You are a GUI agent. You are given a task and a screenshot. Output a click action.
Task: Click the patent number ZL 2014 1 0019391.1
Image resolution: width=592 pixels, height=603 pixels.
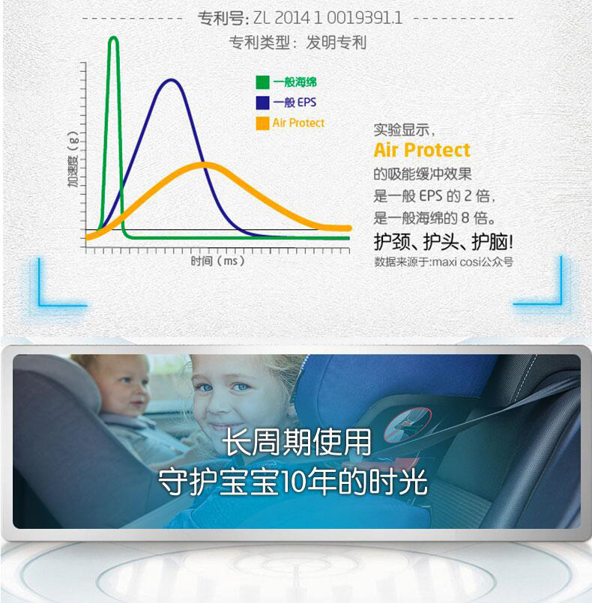point(327,18)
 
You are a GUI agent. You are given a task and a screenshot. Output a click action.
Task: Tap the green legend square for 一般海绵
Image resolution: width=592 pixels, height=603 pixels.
point(262,82)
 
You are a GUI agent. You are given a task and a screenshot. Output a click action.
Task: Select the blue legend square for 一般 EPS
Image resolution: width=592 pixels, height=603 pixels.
point(262,103)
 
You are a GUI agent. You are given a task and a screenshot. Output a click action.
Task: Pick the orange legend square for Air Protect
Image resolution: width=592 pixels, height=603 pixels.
point(262,123)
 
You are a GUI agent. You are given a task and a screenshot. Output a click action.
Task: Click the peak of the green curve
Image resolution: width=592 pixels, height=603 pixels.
point(113,38)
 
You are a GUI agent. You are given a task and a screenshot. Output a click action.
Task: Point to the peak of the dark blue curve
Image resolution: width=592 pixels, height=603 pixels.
point(171,80)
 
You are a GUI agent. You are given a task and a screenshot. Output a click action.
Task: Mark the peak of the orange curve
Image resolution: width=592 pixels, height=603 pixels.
point(204,165)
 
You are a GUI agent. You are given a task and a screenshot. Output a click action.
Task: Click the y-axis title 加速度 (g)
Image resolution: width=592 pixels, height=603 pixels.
point(73,160)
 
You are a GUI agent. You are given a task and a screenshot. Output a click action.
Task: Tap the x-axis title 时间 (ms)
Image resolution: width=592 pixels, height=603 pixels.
point(218,261)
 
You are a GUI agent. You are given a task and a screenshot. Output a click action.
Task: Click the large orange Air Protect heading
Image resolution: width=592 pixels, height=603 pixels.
point(422,150)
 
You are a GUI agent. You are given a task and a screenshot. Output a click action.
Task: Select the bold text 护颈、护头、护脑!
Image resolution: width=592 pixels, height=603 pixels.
point(443,242)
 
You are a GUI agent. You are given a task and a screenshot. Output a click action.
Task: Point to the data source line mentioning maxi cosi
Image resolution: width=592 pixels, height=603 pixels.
point(444,262)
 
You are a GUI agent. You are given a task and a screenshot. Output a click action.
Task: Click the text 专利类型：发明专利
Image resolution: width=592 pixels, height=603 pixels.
point(297,43)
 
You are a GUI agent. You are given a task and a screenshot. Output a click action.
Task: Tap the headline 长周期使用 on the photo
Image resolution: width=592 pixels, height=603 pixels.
point(297,442)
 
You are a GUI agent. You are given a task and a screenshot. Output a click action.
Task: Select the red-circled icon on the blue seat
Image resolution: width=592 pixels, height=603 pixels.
point(408,425)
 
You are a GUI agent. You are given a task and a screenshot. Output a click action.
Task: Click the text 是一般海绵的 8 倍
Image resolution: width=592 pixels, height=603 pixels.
point(434,219)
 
